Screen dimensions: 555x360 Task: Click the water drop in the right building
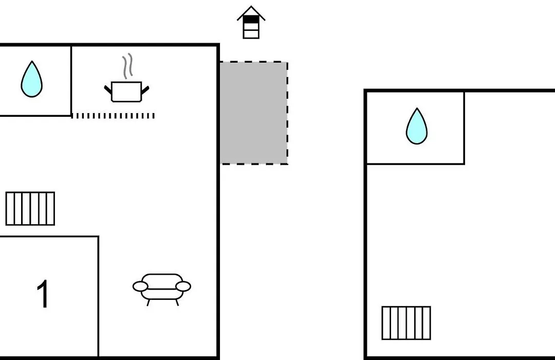(x=417, y=127)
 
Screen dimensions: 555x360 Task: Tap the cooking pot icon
(x=126, y=92)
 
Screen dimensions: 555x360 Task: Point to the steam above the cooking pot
(x=128, y=66)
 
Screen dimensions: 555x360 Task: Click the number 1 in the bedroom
(x=43, y=294)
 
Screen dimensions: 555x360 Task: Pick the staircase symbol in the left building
(x=30, y=209)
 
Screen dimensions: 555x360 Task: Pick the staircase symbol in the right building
(x=406, y=323)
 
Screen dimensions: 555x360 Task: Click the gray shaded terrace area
(x=254, y=113)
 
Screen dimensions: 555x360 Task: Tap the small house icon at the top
(x=251, y=22)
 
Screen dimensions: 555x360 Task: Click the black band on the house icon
(x=251, y=20)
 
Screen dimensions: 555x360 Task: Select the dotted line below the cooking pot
(x=113, y=116)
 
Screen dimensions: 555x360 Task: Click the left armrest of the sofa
(x=140, y=286)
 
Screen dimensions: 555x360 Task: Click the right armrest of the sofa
(x=183, y=286)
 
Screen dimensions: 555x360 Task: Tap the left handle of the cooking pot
(x=108, y=89)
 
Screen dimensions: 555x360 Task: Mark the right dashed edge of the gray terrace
(x=287, y=113)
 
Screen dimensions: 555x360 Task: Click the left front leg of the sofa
(x=149, y=302)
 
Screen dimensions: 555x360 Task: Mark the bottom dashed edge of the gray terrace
(x=254, y=164)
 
